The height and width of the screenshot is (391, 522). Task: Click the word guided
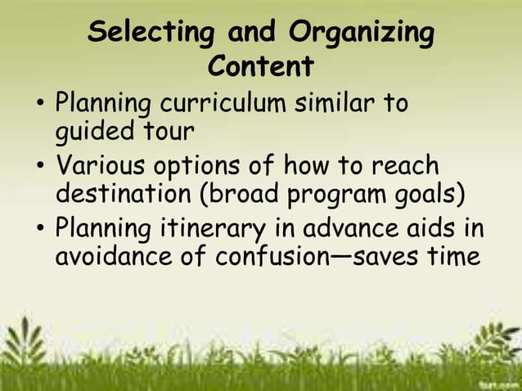click(92, 132)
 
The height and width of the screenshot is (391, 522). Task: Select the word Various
click(97, 166)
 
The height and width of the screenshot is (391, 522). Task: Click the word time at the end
click(449, 257)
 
